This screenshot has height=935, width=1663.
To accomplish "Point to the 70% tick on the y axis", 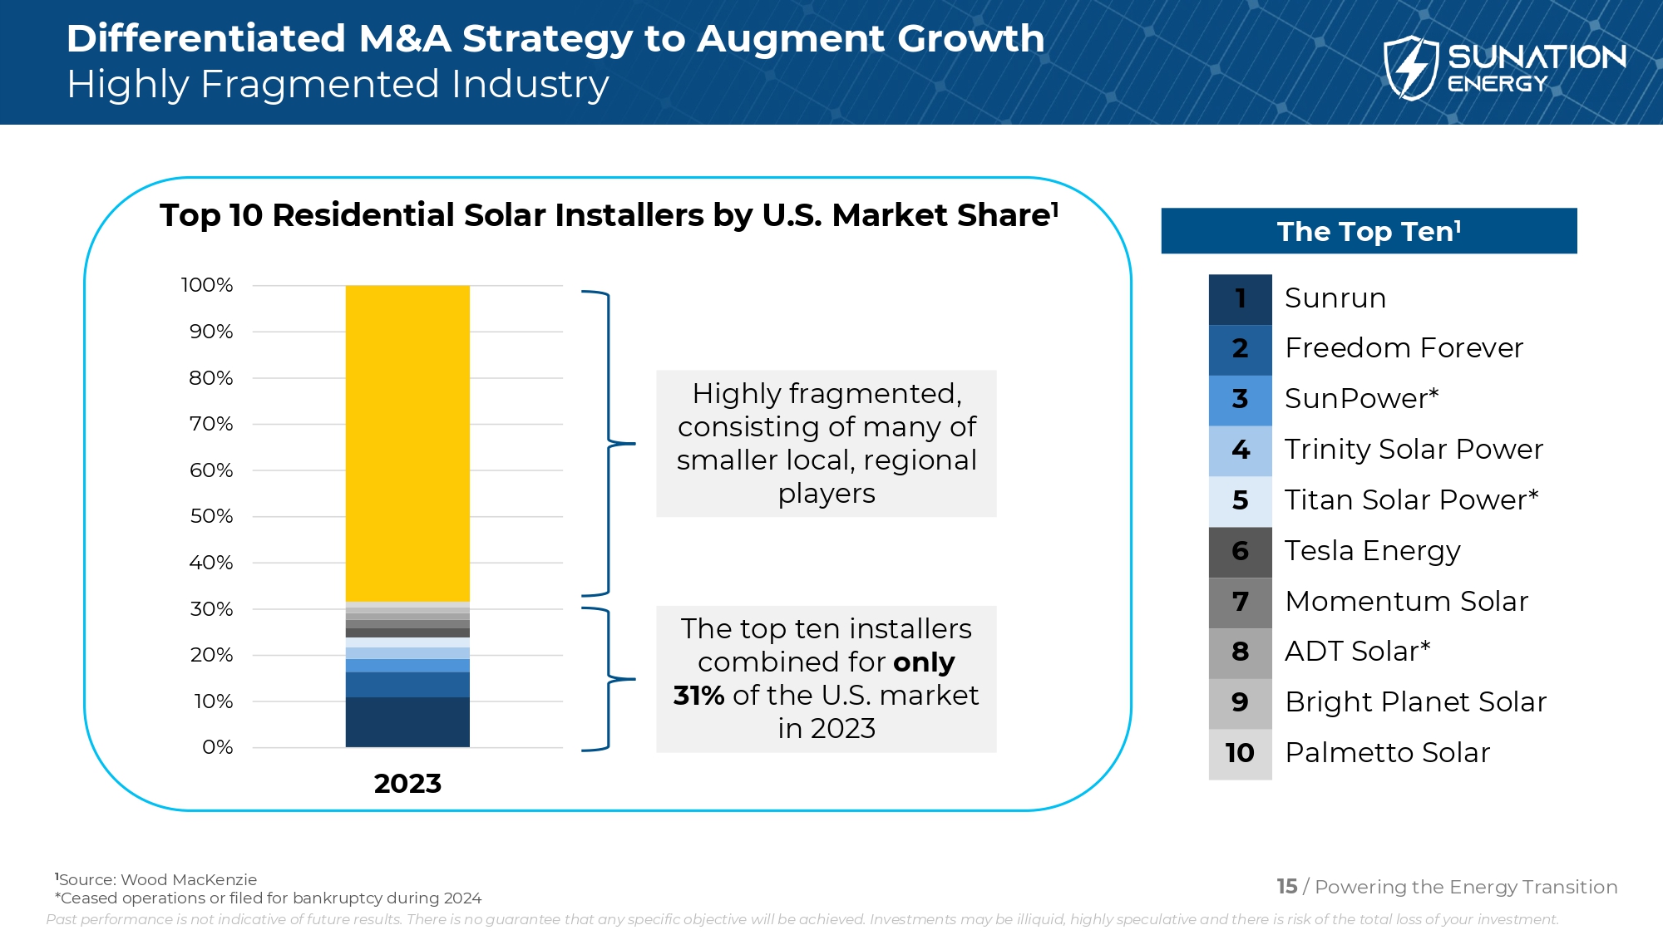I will click(211, 424).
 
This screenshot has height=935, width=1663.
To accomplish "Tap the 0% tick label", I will click(217, 747).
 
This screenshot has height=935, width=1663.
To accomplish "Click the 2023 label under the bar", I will click(407, 783).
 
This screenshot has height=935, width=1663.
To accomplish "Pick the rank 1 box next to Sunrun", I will click(1240, 298).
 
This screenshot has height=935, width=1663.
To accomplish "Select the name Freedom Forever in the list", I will click(1404, 348).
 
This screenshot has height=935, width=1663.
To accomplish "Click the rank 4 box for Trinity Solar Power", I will click(1240, 450).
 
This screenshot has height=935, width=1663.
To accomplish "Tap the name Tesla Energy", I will click(1372, 551).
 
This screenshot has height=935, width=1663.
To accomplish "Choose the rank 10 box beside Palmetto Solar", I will click(1240, 753).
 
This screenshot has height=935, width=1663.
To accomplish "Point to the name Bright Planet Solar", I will click(1415, 702).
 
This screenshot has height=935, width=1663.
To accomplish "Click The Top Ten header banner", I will click(1369, 231).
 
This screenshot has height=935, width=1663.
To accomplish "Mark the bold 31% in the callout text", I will click(698, 695).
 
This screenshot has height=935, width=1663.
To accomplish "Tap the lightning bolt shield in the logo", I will click(1410, 68).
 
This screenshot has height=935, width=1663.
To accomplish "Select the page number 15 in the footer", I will click(1286, 887).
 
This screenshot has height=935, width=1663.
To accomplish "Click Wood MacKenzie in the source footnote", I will click(189, 879).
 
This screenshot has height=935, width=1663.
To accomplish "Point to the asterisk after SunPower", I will click(1434, 394).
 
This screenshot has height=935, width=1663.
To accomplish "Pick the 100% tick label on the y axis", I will click(207, 285).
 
